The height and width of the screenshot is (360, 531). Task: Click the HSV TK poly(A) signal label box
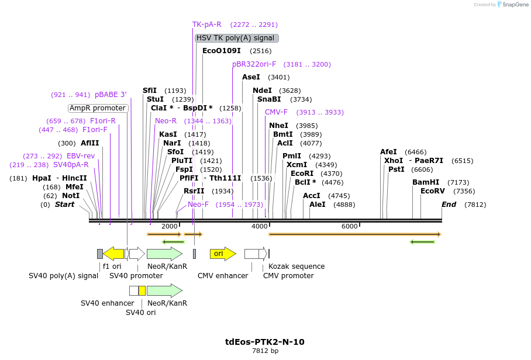(x=236, y=38)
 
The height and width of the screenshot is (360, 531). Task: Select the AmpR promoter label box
(x=98, y=108)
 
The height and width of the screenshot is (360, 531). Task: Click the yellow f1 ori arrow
(x=113, y=254)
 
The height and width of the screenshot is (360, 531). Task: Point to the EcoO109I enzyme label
(x=221, y=51)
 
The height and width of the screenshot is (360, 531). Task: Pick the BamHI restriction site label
(x=426, y=182)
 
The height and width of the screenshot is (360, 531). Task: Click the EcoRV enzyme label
(x=432, y=191)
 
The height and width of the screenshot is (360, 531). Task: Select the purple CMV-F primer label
(x=276, y=112)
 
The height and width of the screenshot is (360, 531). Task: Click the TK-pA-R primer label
(x=207, y=25)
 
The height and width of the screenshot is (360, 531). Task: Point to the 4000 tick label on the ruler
(x=260, y=226)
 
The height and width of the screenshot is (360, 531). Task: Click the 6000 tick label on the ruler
(x=350, y=226)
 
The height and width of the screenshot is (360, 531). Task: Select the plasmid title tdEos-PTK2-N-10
(x=265, y=342)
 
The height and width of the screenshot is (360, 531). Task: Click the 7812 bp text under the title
(x=265, y=351)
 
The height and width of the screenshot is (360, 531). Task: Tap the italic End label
(x=449, y=205)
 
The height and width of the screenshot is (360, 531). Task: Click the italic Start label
(x=65, y=205)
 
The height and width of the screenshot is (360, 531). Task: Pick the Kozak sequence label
(x=296, y=266)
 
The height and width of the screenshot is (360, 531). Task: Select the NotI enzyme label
(x=71, y=196)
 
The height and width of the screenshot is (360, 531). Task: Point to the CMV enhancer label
(x=223, y=276)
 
